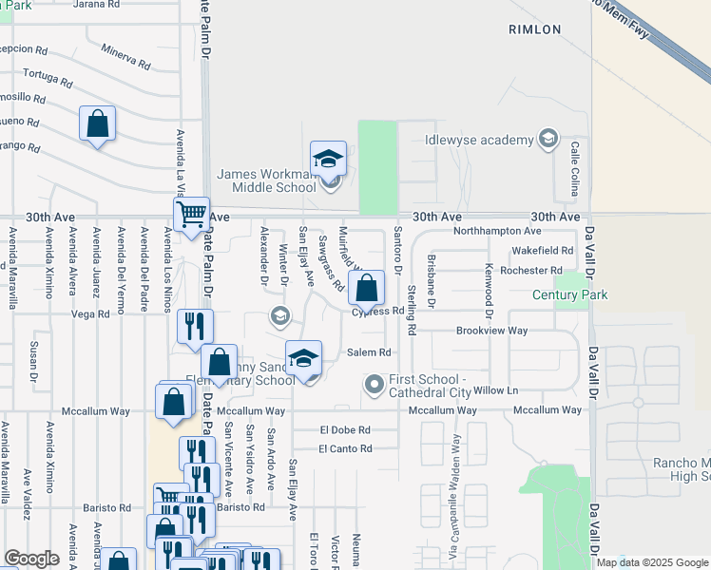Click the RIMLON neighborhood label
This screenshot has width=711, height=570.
point(534,29)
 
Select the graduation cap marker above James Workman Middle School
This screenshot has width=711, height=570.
point(328,159)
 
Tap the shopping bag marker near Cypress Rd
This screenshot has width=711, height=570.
point(366,286)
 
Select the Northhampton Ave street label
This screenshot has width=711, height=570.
point(497,231)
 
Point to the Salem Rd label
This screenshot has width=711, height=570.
point(369,351)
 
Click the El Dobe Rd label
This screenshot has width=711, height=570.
point(345,429)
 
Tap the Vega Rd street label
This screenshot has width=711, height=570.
point(90,313)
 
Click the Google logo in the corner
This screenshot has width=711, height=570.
point(31,559)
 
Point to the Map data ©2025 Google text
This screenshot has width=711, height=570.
point(651,562)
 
